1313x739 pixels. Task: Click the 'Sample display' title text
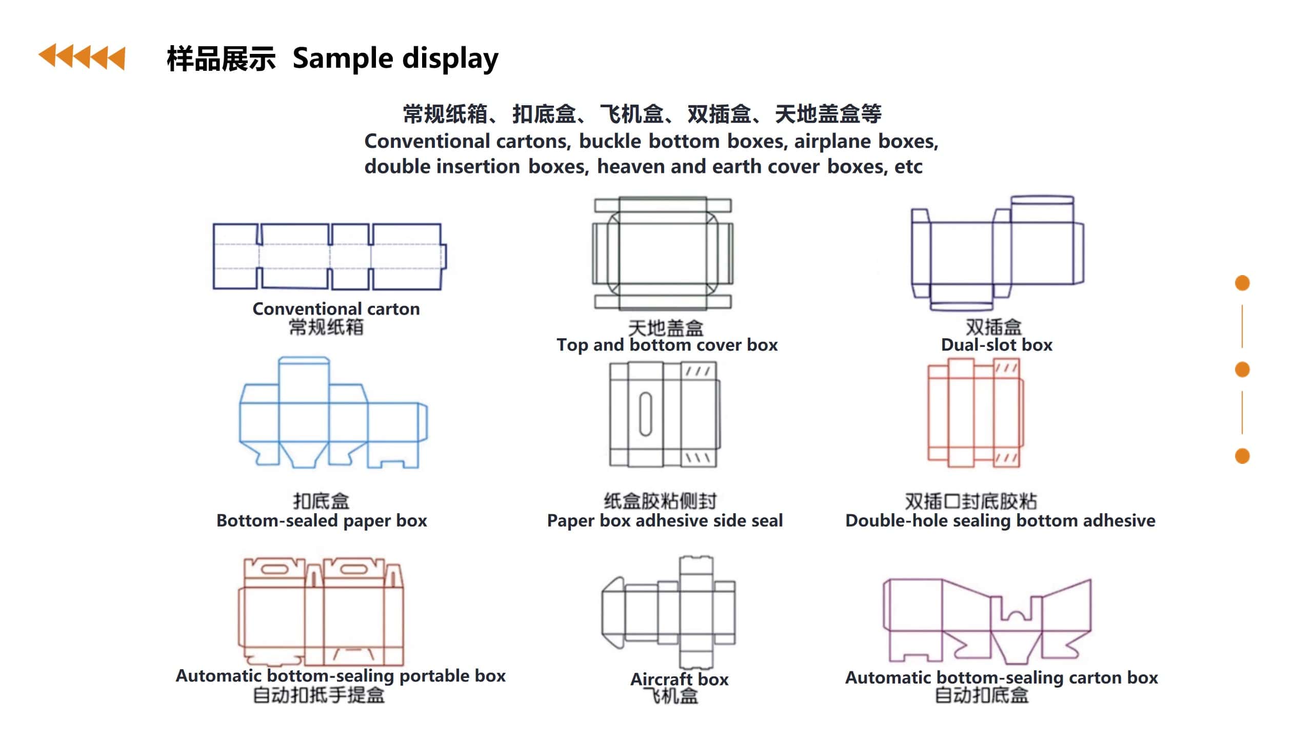(395, 58)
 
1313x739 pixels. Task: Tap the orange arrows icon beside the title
(82, 56)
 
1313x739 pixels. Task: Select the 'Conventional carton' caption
(336, 309)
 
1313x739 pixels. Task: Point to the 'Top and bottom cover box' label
(667, 345)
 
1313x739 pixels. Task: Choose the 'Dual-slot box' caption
(997, 345)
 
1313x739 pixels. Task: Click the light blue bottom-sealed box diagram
(333, 416)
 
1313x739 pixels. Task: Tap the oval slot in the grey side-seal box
(646, 414)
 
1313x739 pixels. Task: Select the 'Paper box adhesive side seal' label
(665, 521)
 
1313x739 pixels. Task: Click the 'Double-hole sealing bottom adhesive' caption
(1000, 521)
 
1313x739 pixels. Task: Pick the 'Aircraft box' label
(679, 679)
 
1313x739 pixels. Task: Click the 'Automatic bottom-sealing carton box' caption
(1001, 678)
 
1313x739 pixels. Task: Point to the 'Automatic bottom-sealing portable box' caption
(341, 676)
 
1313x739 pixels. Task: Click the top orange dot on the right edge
(1242, 283)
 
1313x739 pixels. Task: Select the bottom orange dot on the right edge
(1242, 456)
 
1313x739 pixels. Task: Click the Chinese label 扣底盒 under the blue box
(321, 501)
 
